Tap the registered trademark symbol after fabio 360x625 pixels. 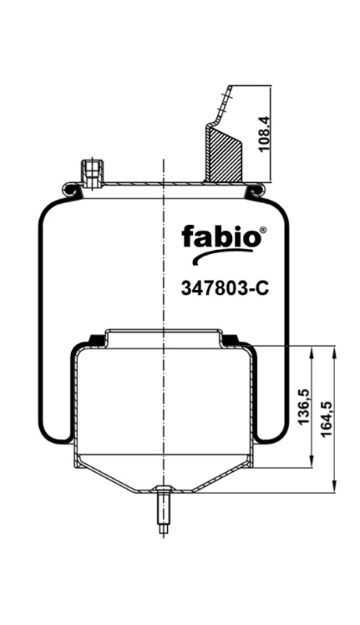(x=262, y=229)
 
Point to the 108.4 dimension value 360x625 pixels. (x=265, y=134)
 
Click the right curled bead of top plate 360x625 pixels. (x=255, y=188)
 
